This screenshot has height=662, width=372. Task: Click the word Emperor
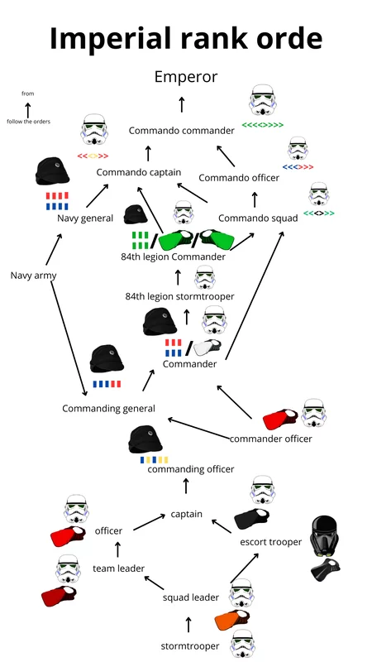coord(186,77)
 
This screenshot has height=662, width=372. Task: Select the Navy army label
coord(33,275)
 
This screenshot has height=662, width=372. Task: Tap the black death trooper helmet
coord(323,536)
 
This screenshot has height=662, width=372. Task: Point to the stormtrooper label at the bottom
coord(189,645)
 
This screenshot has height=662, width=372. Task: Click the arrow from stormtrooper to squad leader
coord(188,623)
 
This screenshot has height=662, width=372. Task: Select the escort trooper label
coord(270,542)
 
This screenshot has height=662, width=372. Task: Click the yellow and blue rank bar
coord(154,459)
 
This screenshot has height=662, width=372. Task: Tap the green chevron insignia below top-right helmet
coord(262,126)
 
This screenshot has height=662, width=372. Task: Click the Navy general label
coord(85,218)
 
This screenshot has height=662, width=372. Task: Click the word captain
coord(187,514)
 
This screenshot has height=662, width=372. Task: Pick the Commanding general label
coord(108,409)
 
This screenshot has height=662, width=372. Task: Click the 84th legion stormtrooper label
coord(179,296)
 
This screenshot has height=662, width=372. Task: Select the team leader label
coord(118,568)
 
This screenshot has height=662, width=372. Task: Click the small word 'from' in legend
coord(28,94)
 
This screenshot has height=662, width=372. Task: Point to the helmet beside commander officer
coord(315,413)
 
